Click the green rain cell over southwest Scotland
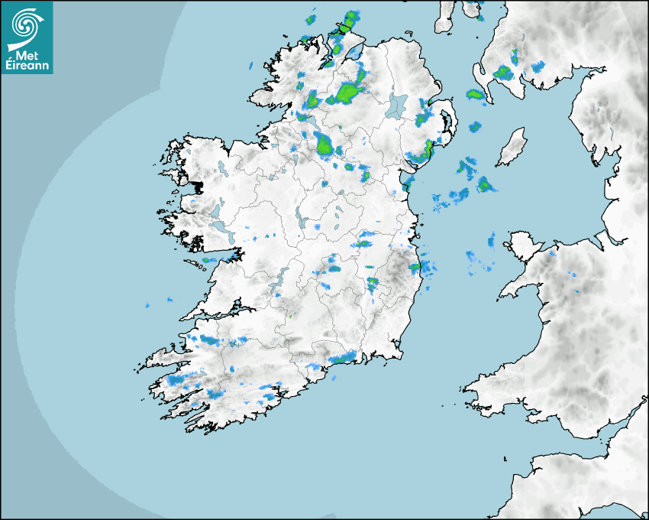tap(502, 73)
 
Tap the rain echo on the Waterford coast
tap(344, 357)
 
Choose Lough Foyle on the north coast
tap(354, 54)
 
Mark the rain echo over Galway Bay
tap(208, 261)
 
